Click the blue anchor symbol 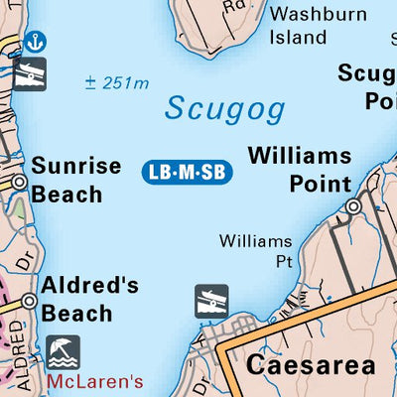click(36, 42)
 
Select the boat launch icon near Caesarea click(211, 301)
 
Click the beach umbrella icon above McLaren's click(64, 350)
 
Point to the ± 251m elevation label click(116, 83)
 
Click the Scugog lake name click(225, 108)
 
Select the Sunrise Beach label click(76, 180)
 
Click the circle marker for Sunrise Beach click(19, 183)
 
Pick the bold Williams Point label click(300, 170)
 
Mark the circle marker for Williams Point click(352, 206)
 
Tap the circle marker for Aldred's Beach click(29, 301)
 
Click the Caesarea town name click(311, 364)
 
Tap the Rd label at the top click(234, 5)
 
